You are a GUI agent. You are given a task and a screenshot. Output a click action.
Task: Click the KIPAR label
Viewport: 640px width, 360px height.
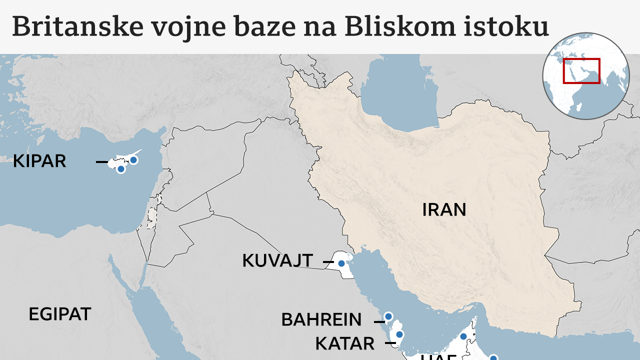coord(39,161)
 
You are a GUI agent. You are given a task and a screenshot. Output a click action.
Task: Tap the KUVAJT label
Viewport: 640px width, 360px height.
coord(277,261)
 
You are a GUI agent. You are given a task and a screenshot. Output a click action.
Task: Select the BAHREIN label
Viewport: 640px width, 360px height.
coord(321,319)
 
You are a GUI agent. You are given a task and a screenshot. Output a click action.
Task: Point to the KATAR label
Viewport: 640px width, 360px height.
coord(345,343)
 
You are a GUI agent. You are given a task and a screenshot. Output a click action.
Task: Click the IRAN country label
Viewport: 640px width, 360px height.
coord(444,210)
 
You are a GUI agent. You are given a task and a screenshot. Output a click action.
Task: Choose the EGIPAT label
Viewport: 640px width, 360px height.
coord(60,314)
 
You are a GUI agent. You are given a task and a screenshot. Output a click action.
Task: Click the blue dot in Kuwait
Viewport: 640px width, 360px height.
coord(341,263)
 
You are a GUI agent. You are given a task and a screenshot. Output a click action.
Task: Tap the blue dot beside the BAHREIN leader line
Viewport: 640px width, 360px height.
coord(388,316)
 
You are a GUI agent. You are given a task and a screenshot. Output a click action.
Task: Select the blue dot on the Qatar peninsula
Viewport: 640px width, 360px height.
coord(399,334)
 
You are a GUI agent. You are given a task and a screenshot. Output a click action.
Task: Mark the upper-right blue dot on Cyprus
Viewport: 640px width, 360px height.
coord(133,160)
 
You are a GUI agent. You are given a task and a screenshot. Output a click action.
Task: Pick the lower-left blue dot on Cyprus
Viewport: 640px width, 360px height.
coord(120,169)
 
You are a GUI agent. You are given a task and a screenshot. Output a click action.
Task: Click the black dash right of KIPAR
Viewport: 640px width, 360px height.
coord(102,162)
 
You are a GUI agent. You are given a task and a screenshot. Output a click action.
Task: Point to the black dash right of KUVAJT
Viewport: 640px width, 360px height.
coord(328,262)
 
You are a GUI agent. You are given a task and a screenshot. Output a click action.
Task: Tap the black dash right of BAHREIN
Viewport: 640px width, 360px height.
coord(379,321)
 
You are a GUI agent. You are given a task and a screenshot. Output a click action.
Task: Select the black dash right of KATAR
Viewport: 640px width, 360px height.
coord(390,343)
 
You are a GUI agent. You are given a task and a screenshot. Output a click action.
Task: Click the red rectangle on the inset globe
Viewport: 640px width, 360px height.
coord(581,70)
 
